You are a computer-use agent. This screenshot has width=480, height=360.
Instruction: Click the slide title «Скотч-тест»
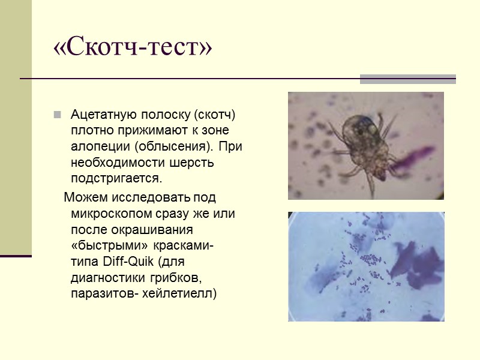pos(133,49)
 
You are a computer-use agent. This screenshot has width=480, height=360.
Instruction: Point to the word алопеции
pos(100,146)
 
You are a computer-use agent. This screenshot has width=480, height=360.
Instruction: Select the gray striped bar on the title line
pos(407,79)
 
